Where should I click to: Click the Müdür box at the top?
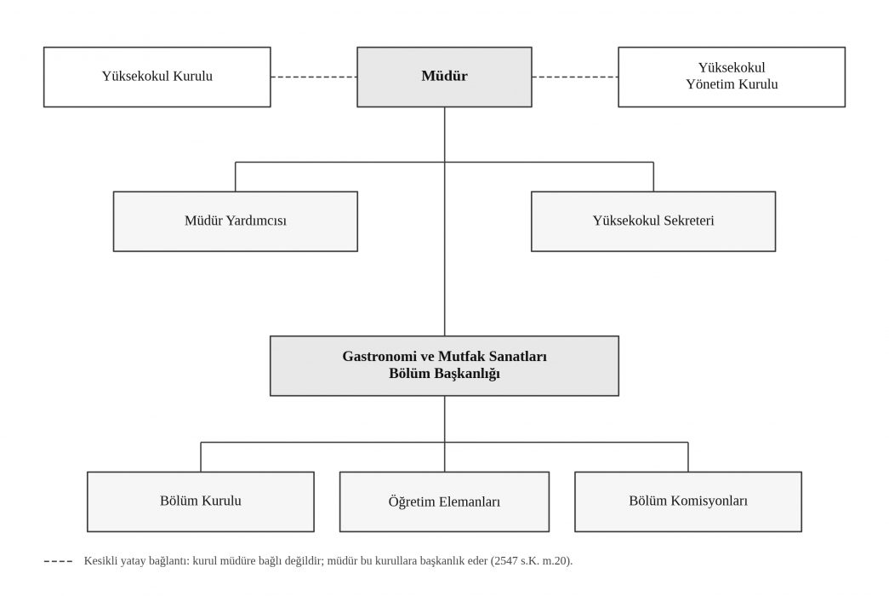[x=444, y=77]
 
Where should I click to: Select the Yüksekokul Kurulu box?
[x=157, y=77]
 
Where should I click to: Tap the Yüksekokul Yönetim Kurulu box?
[x=732, y=77]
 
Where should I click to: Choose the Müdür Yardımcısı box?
[x=236, y=221]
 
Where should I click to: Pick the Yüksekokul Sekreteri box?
[x=653, y=221]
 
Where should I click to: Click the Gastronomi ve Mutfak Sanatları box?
[x=444, y=365]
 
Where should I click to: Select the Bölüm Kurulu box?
[x=201, y=501]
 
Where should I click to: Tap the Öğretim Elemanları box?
[x=444, y=501]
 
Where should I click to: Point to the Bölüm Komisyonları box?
[x=688, y=501]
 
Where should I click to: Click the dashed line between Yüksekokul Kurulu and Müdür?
[x=314, y=77]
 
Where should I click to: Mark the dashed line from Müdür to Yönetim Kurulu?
[x=575, y=77]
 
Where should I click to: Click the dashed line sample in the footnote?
[x=59, y=561]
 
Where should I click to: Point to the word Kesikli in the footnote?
[x=101, y=561]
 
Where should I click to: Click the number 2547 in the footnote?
[x=505, y=561]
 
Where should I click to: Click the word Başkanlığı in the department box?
[x=468, y=374]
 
